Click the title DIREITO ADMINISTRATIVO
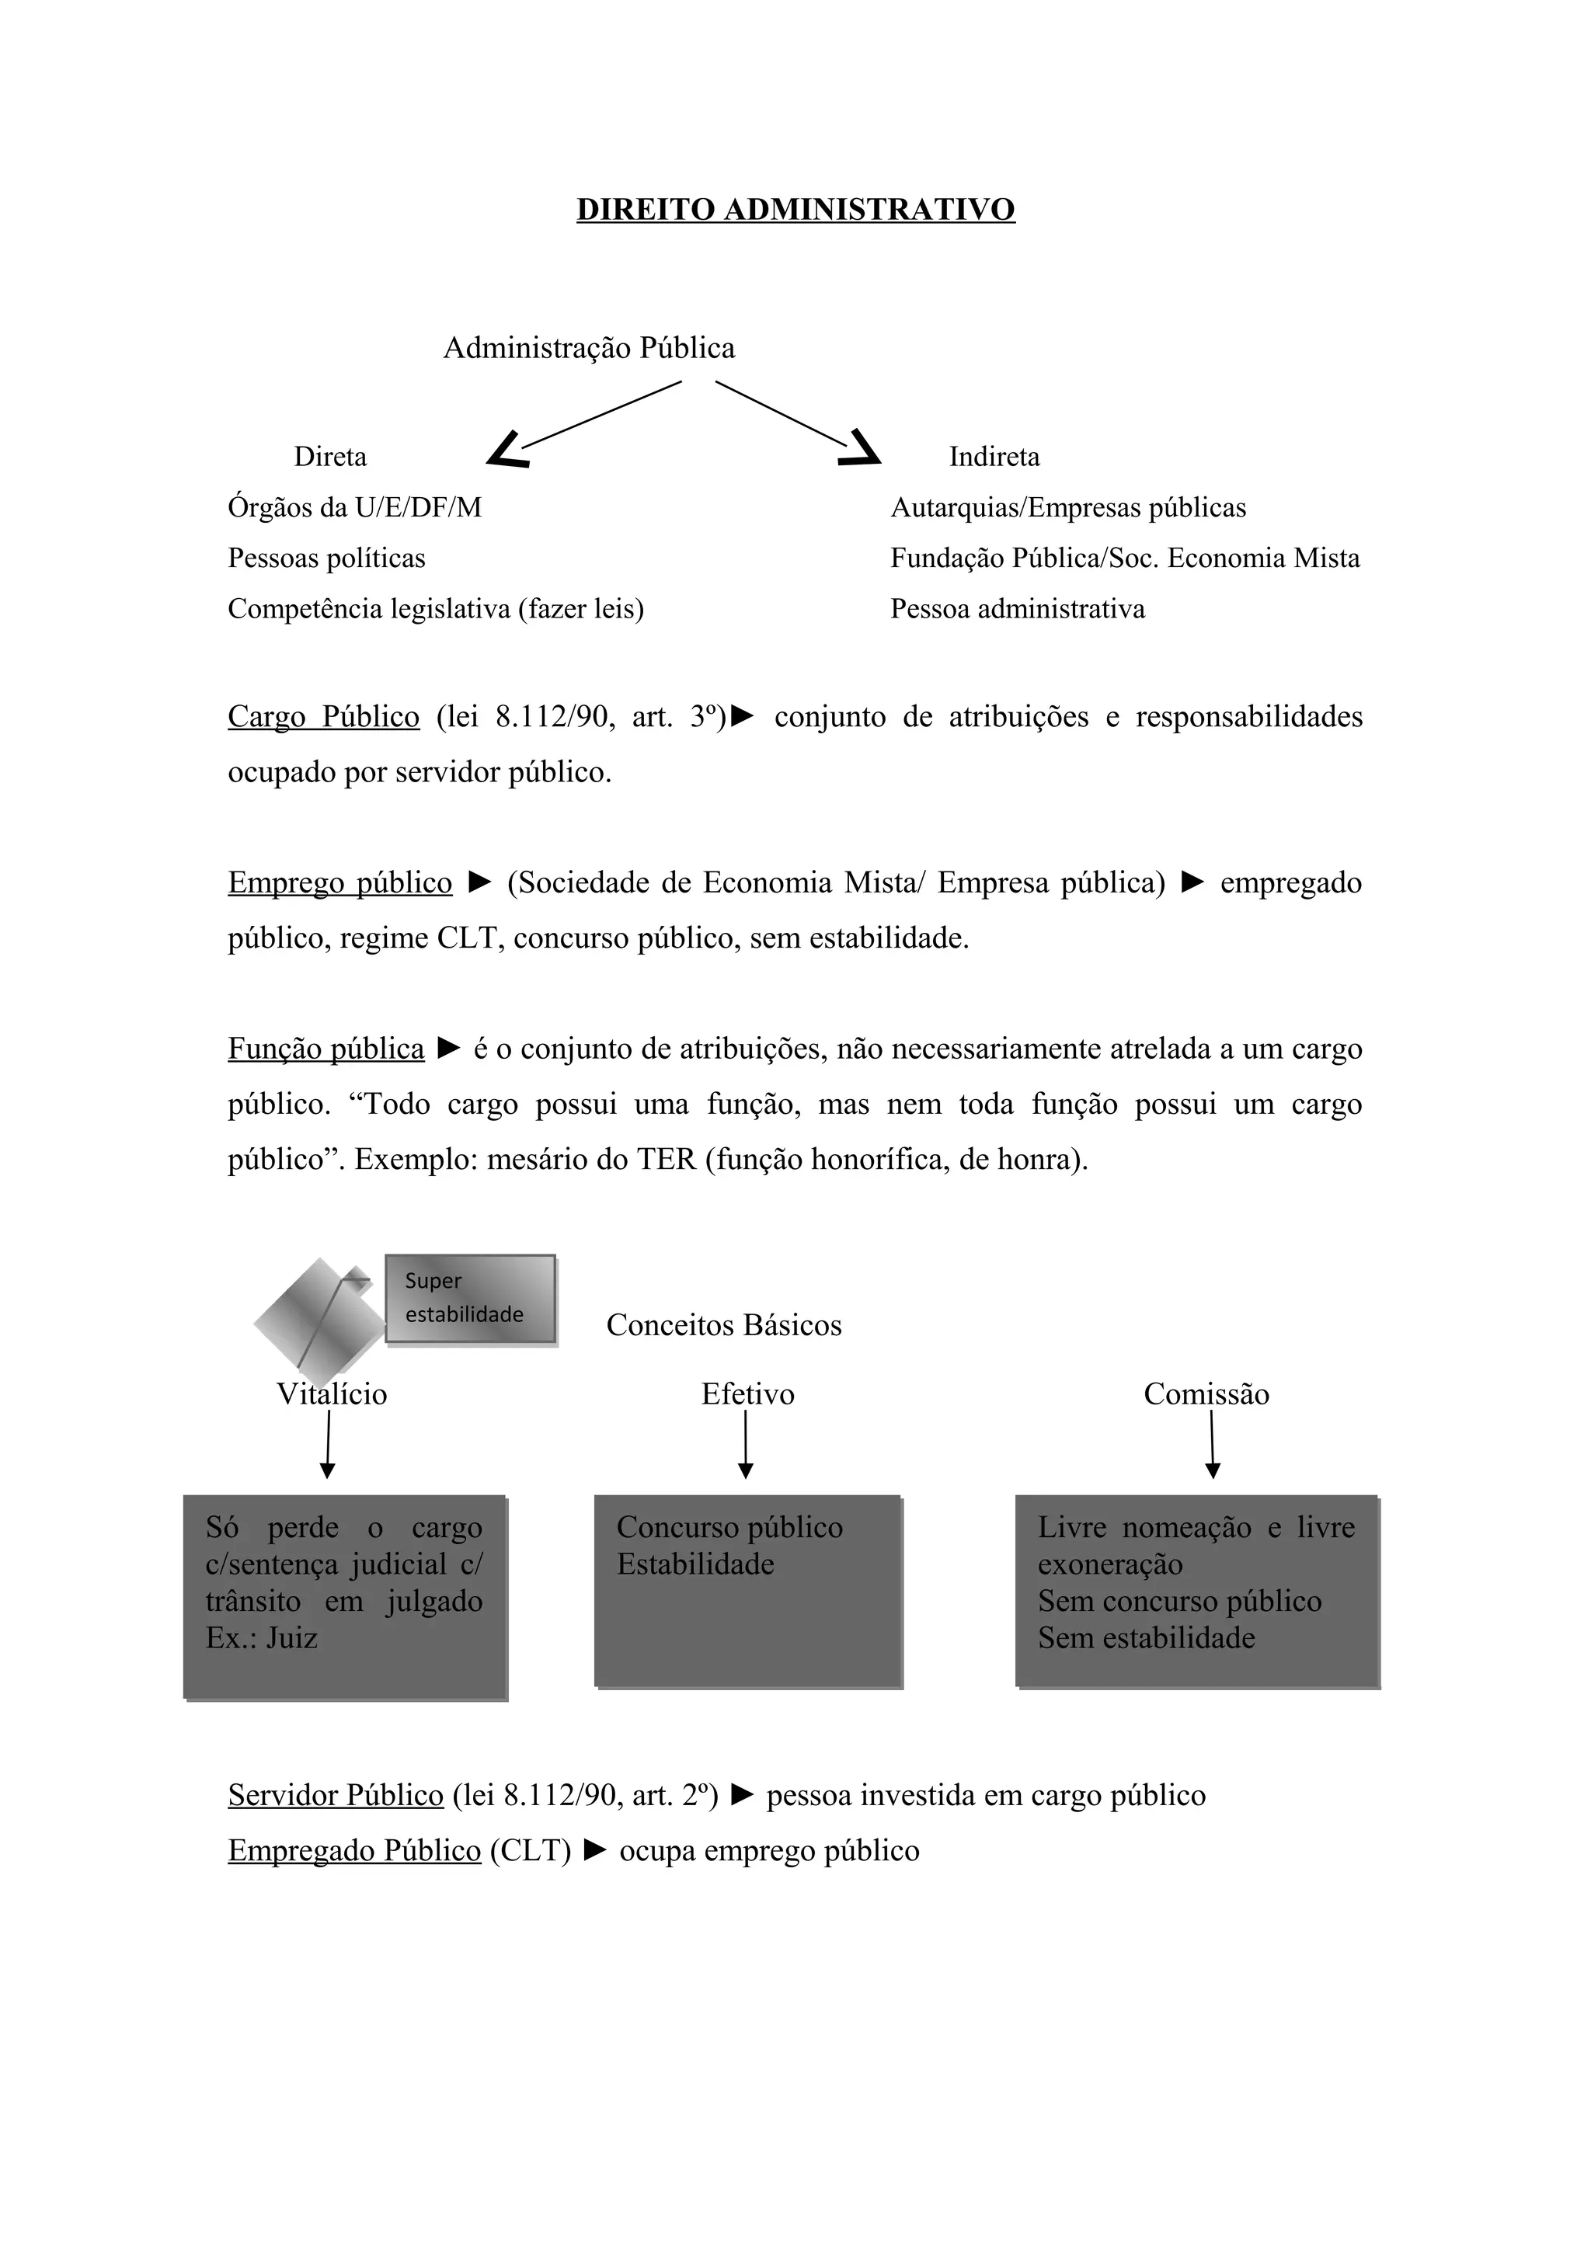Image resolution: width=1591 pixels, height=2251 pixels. tap(795, 210)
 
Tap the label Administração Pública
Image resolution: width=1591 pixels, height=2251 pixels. tap(588, 348)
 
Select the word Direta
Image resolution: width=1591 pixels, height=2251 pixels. tap(330, 457)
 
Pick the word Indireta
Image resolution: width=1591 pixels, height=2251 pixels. tap(994, 457)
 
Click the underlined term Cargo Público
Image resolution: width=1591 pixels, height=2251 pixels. tap(323, 717)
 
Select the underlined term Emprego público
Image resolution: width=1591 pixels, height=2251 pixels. tap(339, 882)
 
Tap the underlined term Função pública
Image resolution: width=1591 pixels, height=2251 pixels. tap(326, 1049)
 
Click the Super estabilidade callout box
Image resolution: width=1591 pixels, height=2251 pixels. tap(471, 1298)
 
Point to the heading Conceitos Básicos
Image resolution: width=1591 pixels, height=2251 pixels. tap(723, 1325)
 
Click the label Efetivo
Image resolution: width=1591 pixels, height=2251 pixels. tap(747, 1394)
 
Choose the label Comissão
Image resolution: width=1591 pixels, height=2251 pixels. tap(1206, 1394)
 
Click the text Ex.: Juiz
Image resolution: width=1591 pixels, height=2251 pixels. tap(262, 1638)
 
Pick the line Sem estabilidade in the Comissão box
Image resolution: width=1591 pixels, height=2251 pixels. tap(1146, 1638)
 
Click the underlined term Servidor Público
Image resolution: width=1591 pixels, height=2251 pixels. tap(336, 1795)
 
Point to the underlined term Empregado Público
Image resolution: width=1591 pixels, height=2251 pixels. tap(354, 1851)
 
